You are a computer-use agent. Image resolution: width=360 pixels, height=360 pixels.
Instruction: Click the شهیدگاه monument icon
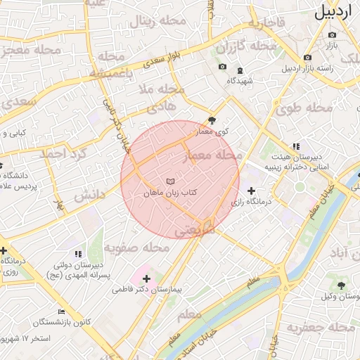pyautogui.click(x=240, y=70)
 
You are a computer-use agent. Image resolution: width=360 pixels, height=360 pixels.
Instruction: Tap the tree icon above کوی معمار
pyautogui.click(x=213, y=121)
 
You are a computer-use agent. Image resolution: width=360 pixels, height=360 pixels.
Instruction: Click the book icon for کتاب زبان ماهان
pyautogui.click(x=170, y=182)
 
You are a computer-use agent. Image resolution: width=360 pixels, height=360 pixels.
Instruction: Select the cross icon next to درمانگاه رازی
pyautogui.click(x=251, y=191)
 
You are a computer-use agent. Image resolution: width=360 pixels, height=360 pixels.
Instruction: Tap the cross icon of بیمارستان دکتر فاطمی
pyautogui.click(x=146, y=278)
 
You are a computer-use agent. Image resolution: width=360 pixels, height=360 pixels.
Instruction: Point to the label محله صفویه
pyautogui.click(x=137, y=248)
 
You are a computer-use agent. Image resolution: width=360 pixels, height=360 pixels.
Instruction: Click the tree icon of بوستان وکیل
pyautogui.click(x=341, y=285)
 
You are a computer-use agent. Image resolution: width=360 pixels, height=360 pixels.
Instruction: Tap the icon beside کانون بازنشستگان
pyautogui.click(x=62, y=311)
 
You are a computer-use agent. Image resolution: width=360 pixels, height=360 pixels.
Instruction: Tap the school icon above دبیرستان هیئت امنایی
pyautogui.click(x=304, y=146)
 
